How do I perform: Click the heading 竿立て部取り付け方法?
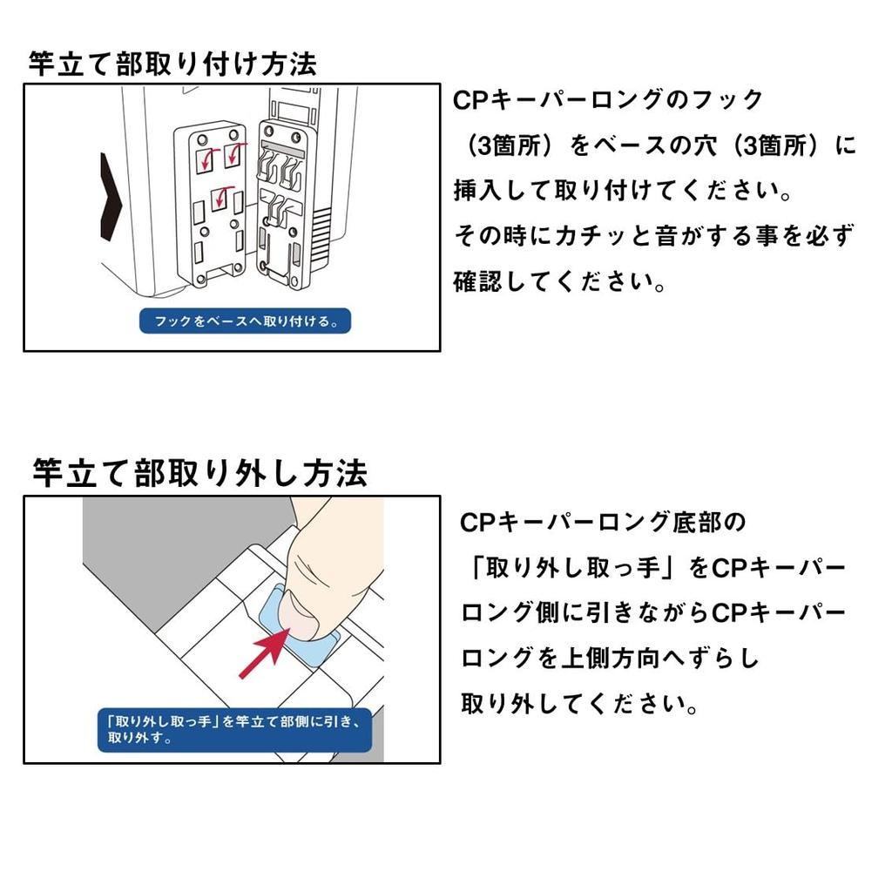(x=172, y=63)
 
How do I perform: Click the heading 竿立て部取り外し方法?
(x=199, y=473)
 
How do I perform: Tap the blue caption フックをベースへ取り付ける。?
(x=245, y=321)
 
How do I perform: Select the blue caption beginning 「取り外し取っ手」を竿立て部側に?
(x=234, y=730)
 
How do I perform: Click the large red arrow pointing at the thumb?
(x=264, y=653)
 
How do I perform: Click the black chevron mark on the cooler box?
(x=111, y=196)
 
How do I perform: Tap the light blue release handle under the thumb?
(x=300, y=625)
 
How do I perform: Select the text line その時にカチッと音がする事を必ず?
(x=654, y=235)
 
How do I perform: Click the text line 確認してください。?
(x=559, y=281)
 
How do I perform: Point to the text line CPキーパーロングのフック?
(x=607, y=100)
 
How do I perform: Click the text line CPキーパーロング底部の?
(x=603, y=523)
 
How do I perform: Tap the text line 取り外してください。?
(x=579, y=704)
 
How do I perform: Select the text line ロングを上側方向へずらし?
(x=610, y=659)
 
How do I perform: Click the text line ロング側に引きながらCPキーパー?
(x=653, y=613)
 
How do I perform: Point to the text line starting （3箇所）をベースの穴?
(x=660, y=145)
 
